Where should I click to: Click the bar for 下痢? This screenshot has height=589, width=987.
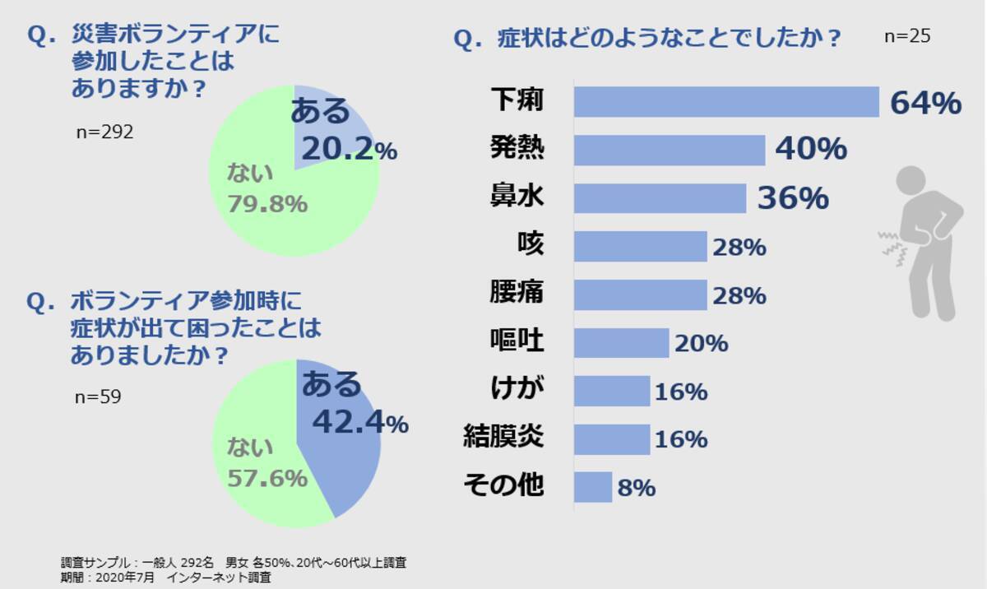click(x=726, y=102)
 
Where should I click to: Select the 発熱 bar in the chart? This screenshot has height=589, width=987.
click(x=669, y=150)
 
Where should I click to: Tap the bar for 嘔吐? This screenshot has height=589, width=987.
click(x=621, y=343)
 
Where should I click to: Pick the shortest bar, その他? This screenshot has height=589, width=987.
click(x=592, y=487)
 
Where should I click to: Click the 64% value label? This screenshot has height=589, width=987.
click(x=925, y=104)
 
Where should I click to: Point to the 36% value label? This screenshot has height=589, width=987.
click(x=792, y=198)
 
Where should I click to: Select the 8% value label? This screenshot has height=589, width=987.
click(x=636, y=488)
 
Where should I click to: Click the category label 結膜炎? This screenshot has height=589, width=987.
click(x=503, y=438)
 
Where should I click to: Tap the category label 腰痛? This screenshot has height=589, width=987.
click(x=517, y=293)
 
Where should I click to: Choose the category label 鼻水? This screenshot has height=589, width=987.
click(x=517, y=197)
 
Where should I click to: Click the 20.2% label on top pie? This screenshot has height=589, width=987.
click(x=349, y=149)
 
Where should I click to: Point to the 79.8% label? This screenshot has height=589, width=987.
click(x=267, y=203)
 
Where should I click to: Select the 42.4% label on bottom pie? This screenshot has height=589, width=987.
click(x=360, y=423)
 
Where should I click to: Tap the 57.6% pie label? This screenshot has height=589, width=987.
click(x=267, y=478)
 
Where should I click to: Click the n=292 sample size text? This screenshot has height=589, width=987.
click(x=104, y=132)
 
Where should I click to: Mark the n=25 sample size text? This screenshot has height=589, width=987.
click(x=907, y=37)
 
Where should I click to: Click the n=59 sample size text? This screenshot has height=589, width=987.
click(x=98, y=397)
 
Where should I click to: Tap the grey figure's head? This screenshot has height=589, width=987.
click(x=911, y=181)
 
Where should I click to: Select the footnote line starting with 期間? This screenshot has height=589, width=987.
click(x=165, y=578)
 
